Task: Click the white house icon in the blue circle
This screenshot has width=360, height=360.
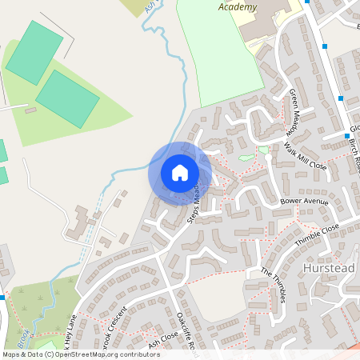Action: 180,173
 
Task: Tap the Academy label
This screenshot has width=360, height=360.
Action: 238,7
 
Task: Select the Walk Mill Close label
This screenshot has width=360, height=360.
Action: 306,156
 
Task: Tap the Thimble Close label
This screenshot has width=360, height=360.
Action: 317,234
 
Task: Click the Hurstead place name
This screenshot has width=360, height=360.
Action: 329,268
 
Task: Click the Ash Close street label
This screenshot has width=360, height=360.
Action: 163,338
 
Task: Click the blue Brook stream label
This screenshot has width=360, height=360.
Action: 25,341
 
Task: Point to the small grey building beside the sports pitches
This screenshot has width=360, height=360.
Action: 30,110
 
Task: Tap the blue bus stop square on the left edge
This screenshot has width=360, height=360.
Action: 2,297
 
